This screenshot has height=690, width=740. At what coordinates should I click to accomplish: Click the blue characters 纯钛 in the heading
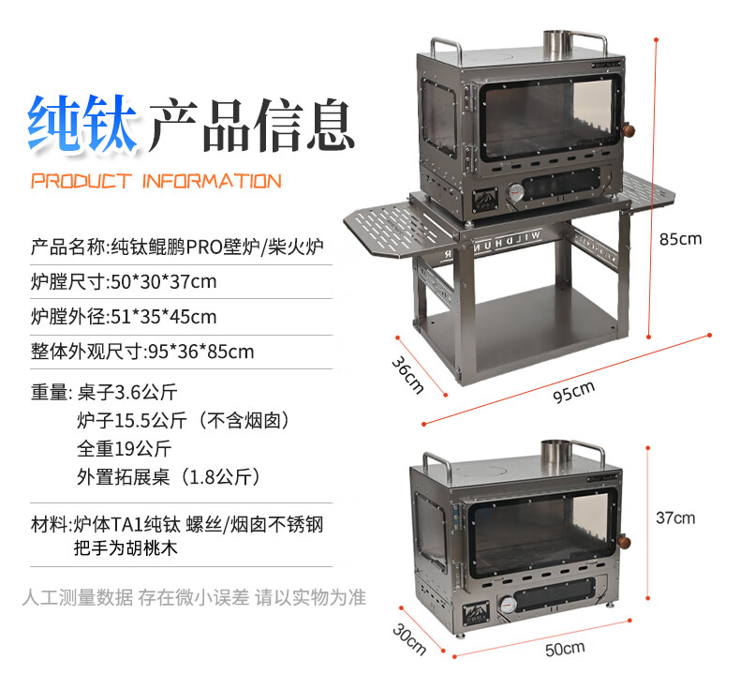click(82, 123)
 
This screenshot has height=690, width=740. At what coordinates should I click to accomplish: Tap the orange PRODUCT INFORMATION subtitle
click(155, 181)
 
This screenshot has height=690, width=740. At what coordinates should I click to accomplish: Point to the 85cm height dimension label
click(680, 239)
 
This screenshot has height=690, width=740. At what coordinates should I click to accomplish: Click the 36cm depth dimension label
click(407, 374)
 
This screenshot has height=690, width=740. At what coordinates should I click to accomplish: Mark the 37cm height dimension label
click(675, 517)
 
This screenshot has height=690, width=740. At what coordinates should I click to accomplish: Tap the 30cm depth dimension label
click(408, 637)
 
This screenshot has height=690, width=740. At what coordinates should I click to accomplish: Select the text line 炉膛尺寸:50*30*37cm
click(124, 281)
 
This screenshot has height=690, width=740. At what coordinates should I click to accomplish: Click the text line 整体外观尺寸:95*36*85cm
click(142, 352)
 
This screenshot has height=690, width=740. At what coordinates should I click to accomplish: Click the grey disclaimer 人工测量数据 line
click(193, 596)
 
